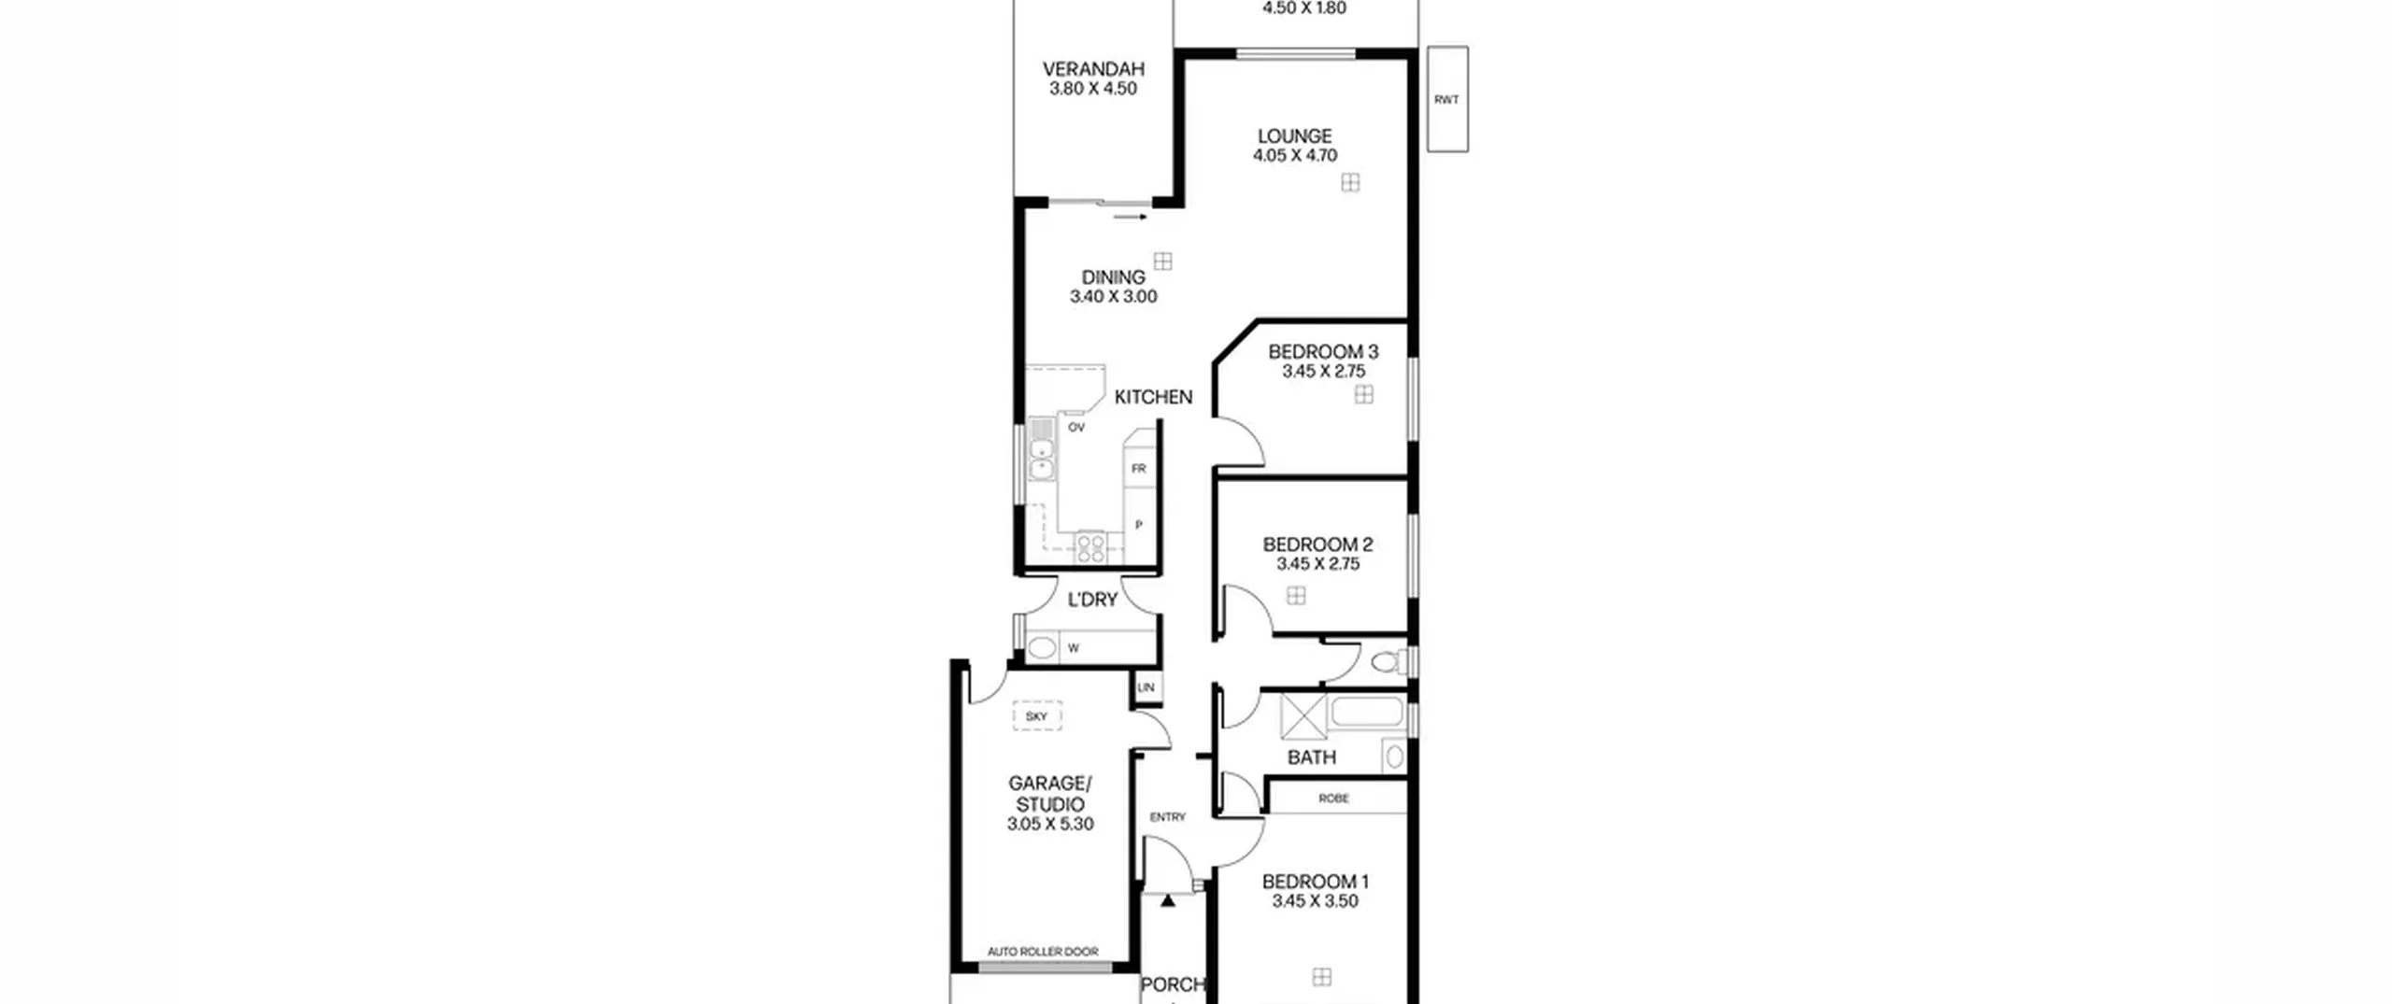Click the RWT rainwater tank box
coord(1447,99)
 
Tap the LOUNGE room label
coord(1294,136)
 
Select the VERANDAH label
coord(1093,69)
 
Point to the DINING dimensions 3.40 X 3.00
coord(1113,297)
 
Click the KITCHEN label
coord(1153,397)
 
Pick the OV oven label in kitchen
coord(1076,428)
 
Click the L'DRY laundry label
coord(1092,600)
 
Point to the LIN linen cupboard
coord(1146,687)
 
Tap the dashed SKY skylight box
coord(1037,716)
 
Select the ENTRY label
coord(1167,817)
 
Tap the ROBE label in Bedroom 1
coord(1333,799)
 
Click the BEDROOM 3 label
coord(1323,352)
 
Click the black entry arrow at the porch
coord(1168,901)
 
